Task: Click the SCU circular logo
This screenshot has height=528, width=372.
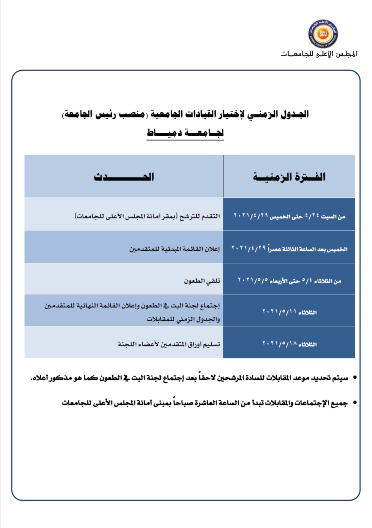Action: (x=323, y=34)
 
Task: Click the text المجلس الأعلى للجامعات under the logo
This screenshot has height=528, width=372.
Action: (x=319, y=54)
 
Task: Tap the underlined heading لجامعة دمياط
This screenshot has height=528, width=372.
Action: (x=185, y=133)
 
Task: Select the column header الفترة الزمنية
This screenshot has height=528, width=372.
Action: (x=289, y=177)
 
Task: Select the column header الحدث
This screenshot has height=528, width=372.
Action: (x=124, y=177)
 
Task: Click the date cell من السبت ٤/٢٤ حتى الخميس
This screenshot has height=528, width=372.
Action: (x=289, y=216)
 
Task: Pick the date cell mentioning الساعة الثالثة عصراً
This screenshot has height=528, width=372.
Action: (x=289, y=248)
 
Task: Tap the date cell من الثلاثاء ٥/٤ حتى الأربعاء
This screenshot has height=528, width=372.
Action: (x=289, y=281)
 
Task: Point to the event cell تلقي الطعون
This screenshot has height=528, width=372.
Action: (x=202, y=281)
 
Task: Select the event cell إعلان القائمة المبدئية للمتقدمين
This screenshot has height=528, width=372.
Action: (x=175, y=249)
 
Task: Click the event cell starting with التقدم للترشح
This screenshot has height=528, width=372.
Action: (x=147, y=216)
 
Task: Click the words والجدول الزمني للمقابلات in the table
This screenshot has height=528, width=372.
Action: (x=183, y=319)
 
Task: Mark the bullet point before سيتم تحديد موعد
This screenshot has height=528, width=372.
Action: (x=355, y=378)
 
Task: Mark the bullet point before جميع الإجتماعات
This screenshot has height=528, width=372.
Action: (x=355, y=403)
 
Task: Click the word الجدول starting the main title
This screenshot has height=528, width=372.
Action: (x=295, y=114)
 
